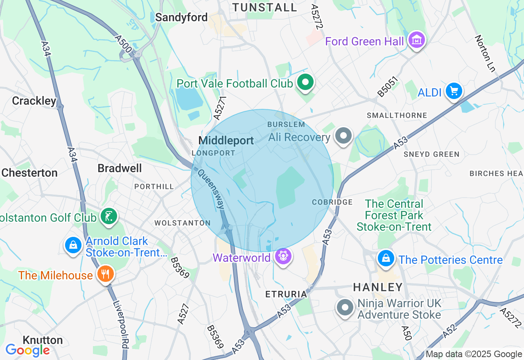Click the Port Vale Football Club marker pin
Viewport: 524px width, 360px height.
[305, 83]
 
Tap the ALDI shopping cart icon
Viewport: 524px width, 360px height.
[454, 91]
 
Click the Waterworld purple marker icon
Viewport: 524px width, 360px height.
[283, 256]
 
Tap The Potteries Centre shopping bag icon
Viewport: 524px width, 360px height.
[386, 258]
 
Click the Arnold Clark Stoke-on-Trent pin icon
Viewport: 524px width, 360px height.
[73, 245]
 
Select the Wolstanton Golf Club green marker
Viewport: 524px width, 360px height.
[109, 216]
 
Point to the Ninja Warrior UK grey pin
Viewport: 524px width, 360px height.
[345, 307]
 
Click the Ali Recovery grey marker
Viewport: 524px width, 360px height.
[343, 136]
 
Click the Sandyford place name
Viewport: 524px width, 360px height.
[181, 18]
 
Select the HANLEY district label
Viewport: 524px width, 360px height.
[378, 287]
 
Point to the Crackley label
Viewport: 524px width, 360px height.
[34, 101]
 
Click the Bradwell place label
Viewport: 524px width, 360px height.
[120, 168]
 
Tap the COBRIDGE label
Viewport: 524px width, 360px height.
[332, 202]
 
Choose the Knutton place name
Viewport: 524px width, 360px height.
[43, 340]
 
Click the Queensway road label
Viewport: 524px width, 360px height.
[211, 189]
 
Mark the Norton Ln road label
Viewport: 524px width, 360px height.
[485, 53]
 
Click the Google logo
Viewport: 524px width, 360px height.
[27, 350]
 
